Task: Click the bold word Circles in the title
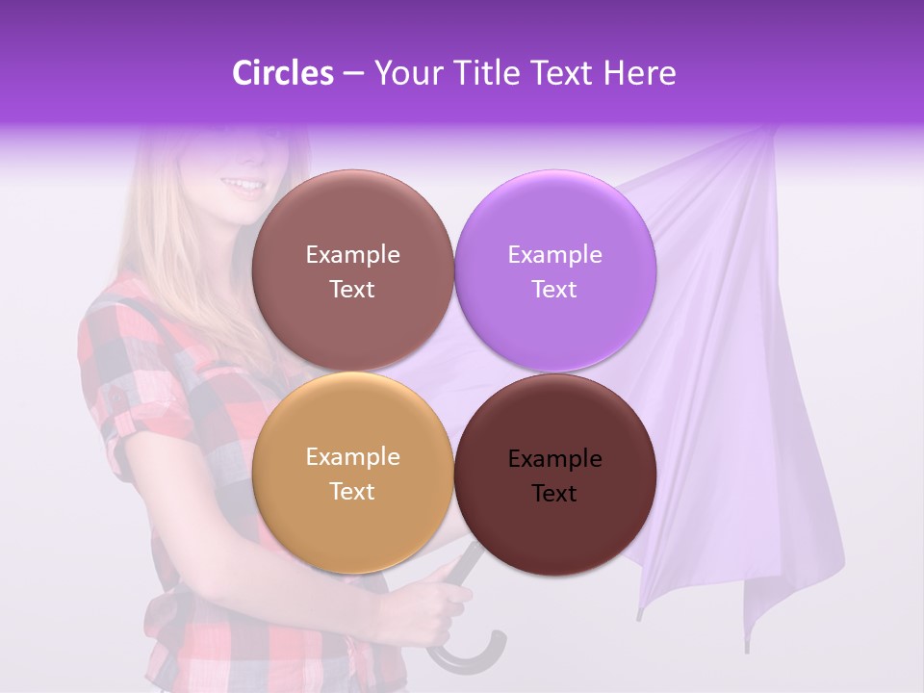[x=282, y=73]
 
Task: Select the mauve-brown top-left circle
[x=352, y=270]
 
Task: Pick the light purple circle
[x=555, y=270]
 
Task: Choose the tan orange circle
[x=352, y=474]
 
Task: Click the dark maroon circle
[x=555, y=475]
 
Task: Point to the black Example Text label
[x=554, y=475]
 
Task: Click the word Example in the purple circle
[x=554, y=254]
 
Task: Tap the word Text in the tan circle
[x=352, y=491]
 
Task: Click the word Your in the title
[x=405, y=73]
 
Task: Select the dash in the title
[x=352, y=74]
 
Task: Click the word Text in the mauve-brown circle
[x=352, y=289]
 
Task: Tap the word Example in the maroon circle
[x=554, y=458]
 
